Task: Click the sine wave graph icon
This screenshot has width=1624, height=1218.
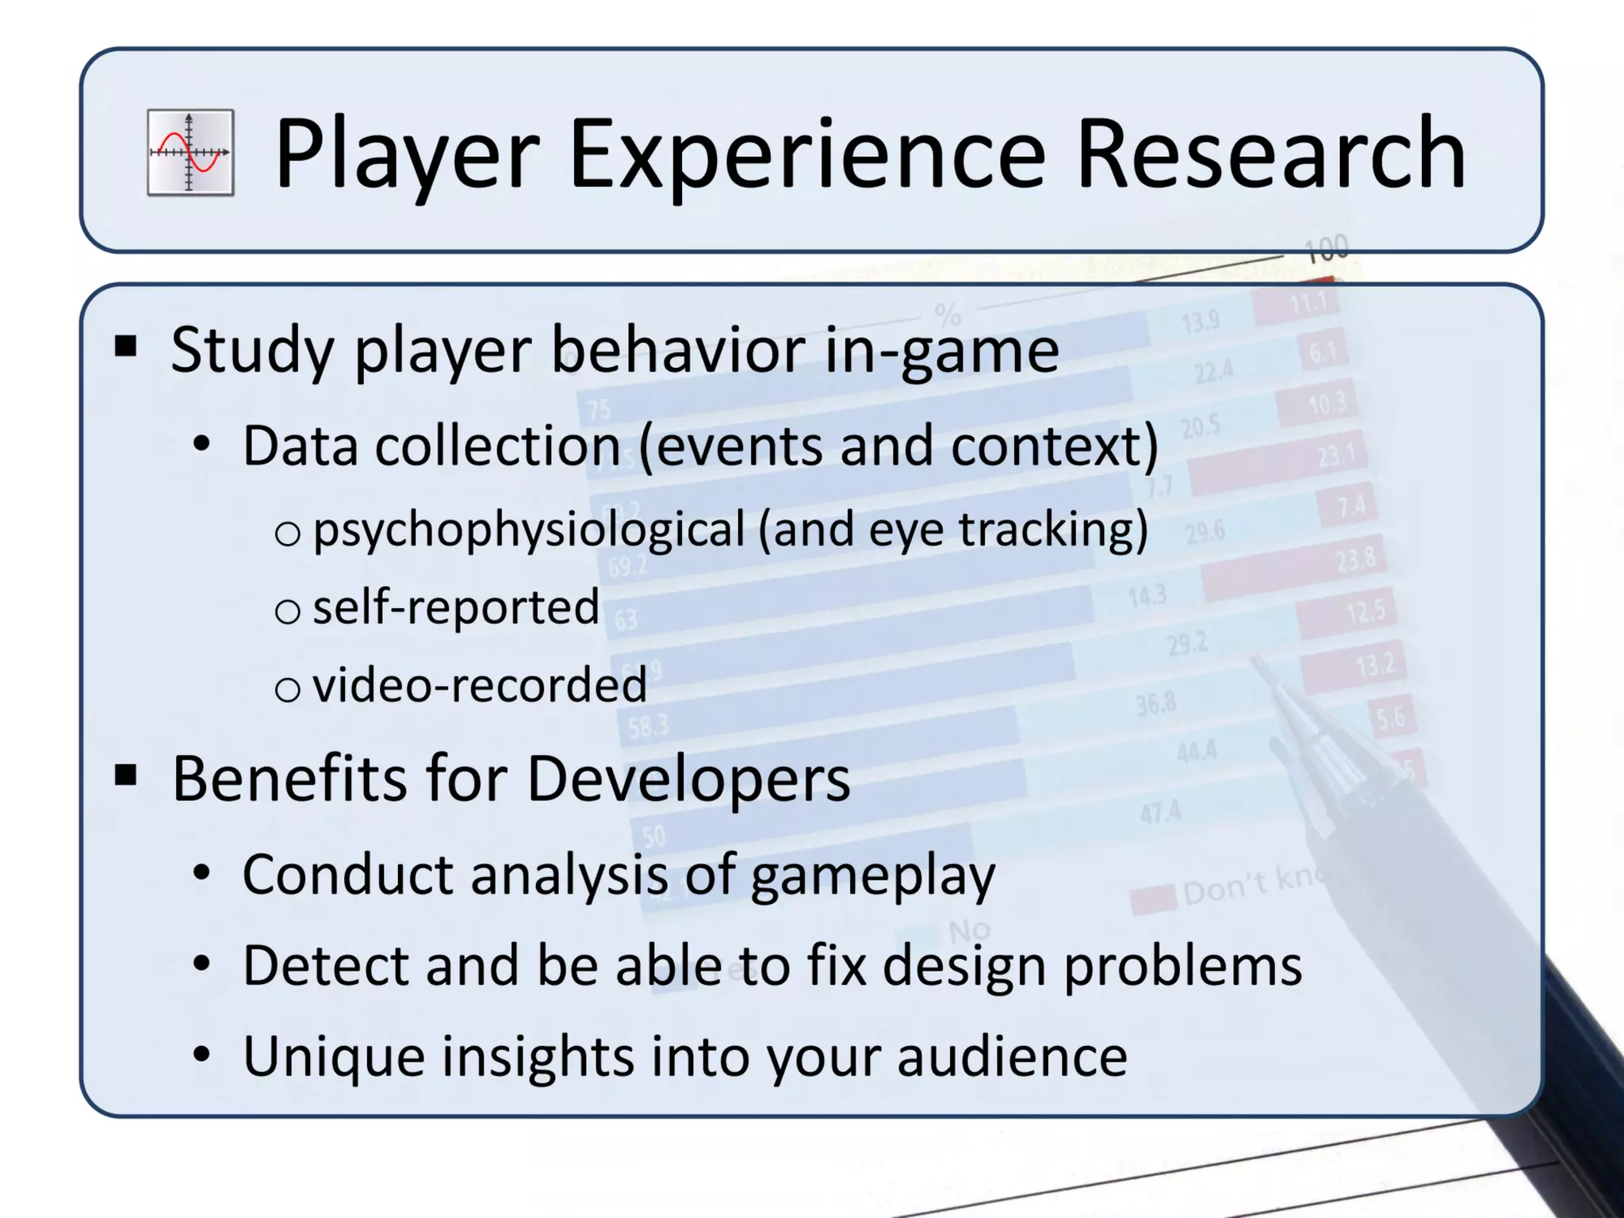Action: [190, 152]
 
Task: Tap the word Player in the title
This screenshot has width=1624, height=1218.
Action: [407, 155]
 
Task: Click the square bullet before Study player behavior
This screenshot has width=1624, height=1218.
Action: [125, 347]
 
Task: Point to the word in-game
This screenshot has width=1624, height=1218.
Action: [941, 350]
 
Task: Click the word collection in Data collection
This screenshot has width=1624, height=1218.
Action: [497, 446]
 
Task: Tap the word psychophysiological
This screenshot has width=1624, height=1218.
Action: [529, 530]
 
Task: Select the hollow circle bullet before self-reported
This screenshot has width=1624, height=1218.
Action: [287, 611]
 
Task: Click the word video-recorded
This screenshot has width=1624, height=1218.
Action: [480, 685]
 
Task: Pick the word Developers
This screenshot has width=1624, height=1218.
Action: [688, 779]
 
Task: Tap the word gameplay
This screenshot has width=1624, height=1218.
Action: [872, 876]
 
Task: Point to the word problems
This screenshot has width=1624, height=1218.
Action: [1182, 967]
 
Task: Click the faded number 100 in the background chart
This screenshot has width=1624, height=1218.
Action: [1327, 249]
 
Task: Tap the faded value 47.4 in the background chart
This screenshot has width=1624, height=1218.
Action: [1160, 813]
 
